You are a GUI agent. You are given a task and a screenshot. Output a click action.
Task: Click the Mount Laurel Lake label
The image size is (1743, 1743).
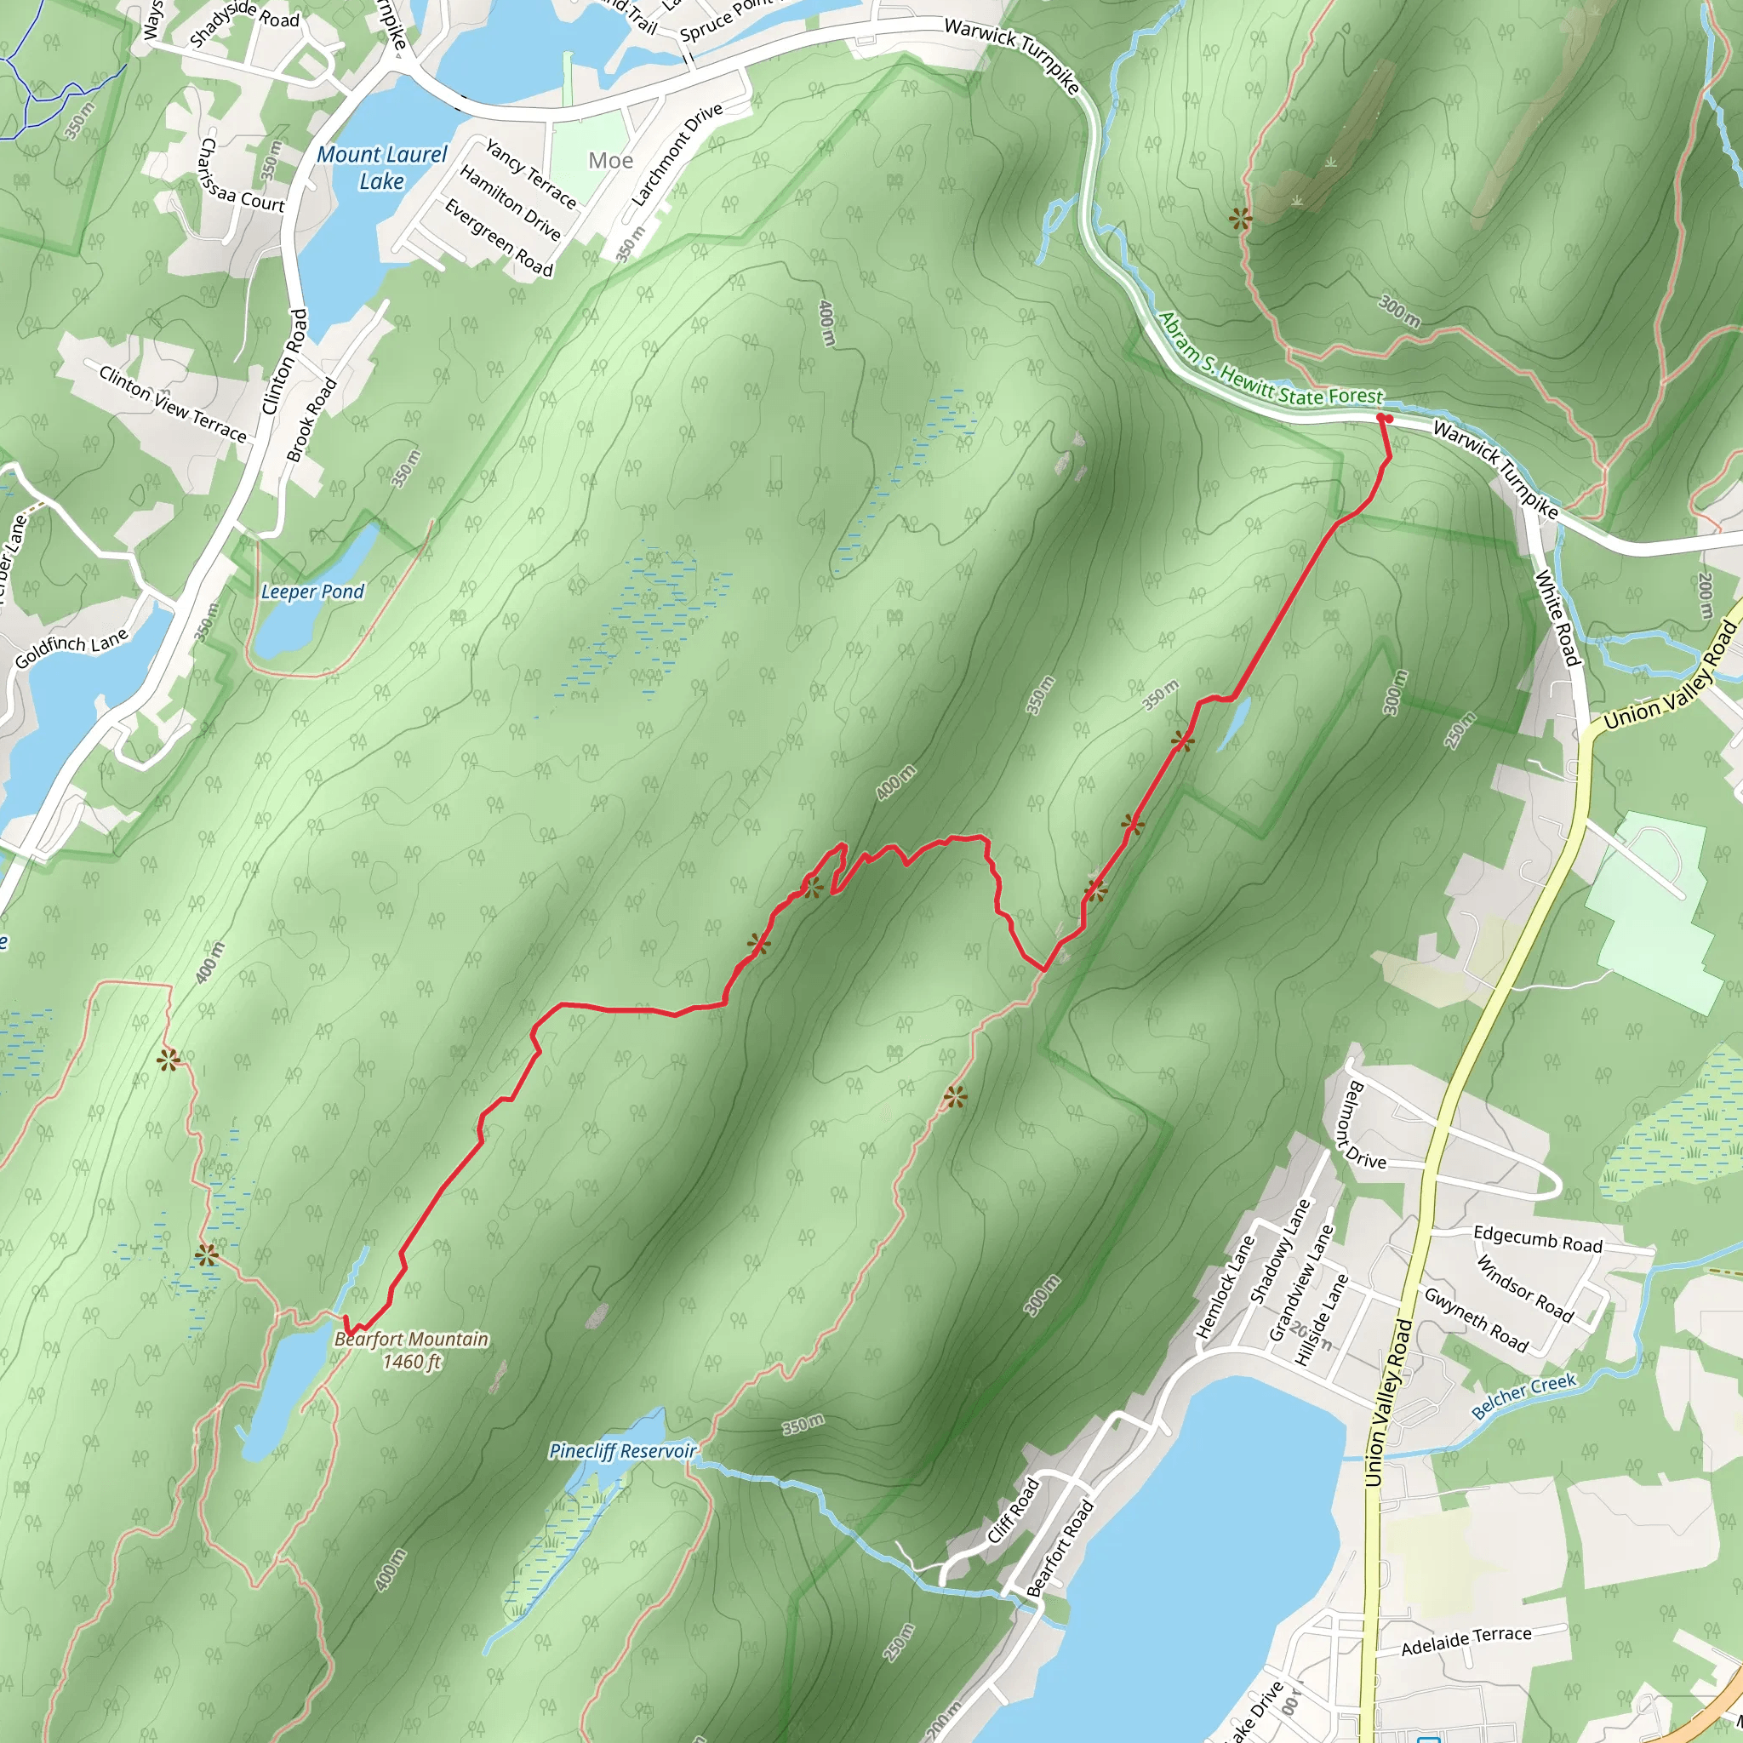tap(381, 168)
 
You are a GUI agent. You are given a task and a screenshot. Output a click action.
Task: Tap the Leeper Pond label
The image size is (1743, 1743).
tap(312, 591)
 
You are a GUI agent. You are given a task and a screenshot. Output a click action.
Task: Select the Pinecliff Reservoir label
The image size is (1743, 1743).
tap(622, 1451)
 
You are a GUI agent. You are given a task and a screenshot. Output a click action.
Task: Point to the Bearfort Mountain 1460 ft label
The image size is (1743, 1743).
tap(411, 1351)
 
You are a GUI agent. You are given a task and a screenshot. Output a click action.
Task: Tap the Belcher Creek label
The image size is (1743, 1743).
tap(1523, 1397)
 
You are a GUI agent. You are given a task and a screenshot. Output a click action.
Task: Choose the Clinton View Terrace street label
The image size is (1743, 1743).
tap(172, 403)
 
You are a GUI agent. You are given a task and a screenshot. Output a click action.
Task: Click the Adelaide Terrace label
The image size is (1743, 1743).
tap(1466, 1641)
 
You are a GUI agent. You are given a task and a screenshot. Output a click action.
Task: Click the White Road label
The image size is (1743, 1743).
tap(1558, 617)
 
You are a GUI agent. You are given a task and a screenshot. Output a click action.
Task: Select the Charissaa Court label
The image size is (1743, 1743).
tap(242, 176)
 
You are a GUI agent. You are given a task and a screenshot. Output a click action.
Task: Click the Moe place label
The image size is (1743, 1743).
tap(611, 161)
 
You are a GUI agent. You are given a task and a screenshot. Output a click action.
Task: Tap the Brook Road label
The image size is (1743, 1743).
tap(311, 420)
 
